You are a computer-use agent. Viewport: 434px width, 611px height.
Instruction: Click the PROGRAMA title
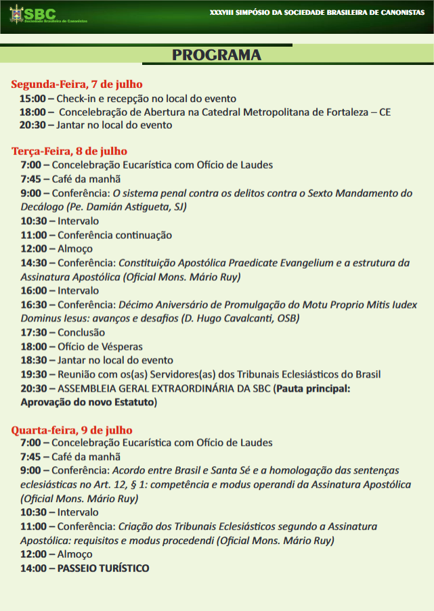[217, 55]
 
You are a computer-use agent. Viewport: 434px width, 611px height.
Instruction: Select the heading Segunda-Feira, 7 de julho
[77, 85]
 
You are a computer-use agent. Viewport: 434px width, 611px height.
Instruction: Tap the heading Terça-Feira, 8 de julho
[69, 151]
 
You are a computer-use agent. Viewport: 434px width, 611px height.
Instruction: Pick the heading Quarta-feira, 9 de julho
[72, 430]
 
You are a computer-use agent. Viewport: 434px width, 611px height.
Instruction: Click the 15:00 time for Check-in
[32, 99]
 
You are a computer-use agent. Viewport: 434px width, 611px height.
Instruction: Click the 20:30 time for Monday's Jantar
[32, 125]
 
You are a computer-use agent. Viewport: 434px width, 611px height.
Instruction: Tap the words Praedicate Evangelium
[270, 263]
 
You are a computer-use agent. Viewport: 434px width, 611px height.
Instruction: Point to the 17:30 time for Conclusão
[33, 332]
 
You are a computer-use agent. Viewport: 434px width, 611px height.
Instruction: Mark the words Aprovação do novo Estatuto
[87, 402]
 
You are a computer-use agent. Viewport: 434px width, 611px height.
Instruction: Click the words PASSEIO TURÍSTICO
[104, 568]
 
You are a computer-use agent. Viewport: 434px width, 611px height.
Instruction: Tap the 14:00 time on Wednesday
[33, 568]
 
